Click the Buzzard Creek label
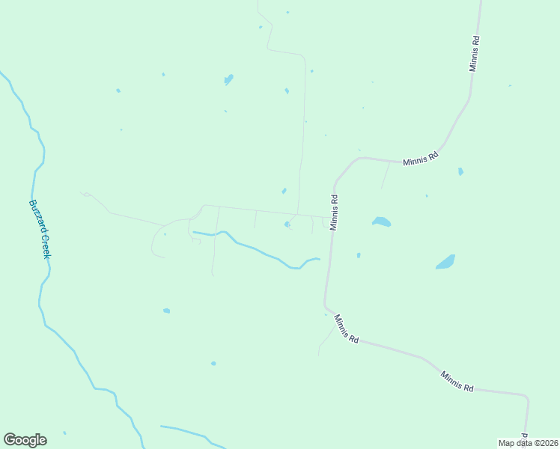pyautogui.click(x=40, y=228)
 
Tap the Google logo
pyautogui.click(x=25, y=440)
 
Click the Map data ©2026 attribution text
pyautogui.click(x=529, y=443)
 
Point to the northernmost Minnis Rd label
pyautogui.click(x=474, y=52)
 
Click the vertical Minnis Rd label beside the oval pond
pyautogui.click(x=335, y=213)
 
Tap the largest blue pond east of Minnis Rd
pyautogui.click(x=445, y=262)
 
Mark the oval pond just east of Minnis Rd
pyautogui.click(x=381, y=222)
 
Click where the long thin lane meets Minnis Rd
pyautogui.click(x=330, y=218)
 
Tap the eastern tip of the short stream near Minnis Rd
pyautogui.click(x=320, y=260)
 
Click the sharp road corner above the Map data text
pyautogui.click(x=527, y=397)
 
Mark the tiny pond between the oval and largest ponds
pyautogui.click(x=427, y=196)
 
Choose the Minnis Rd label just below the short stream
pyautogui.click(x=347, y=329)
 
